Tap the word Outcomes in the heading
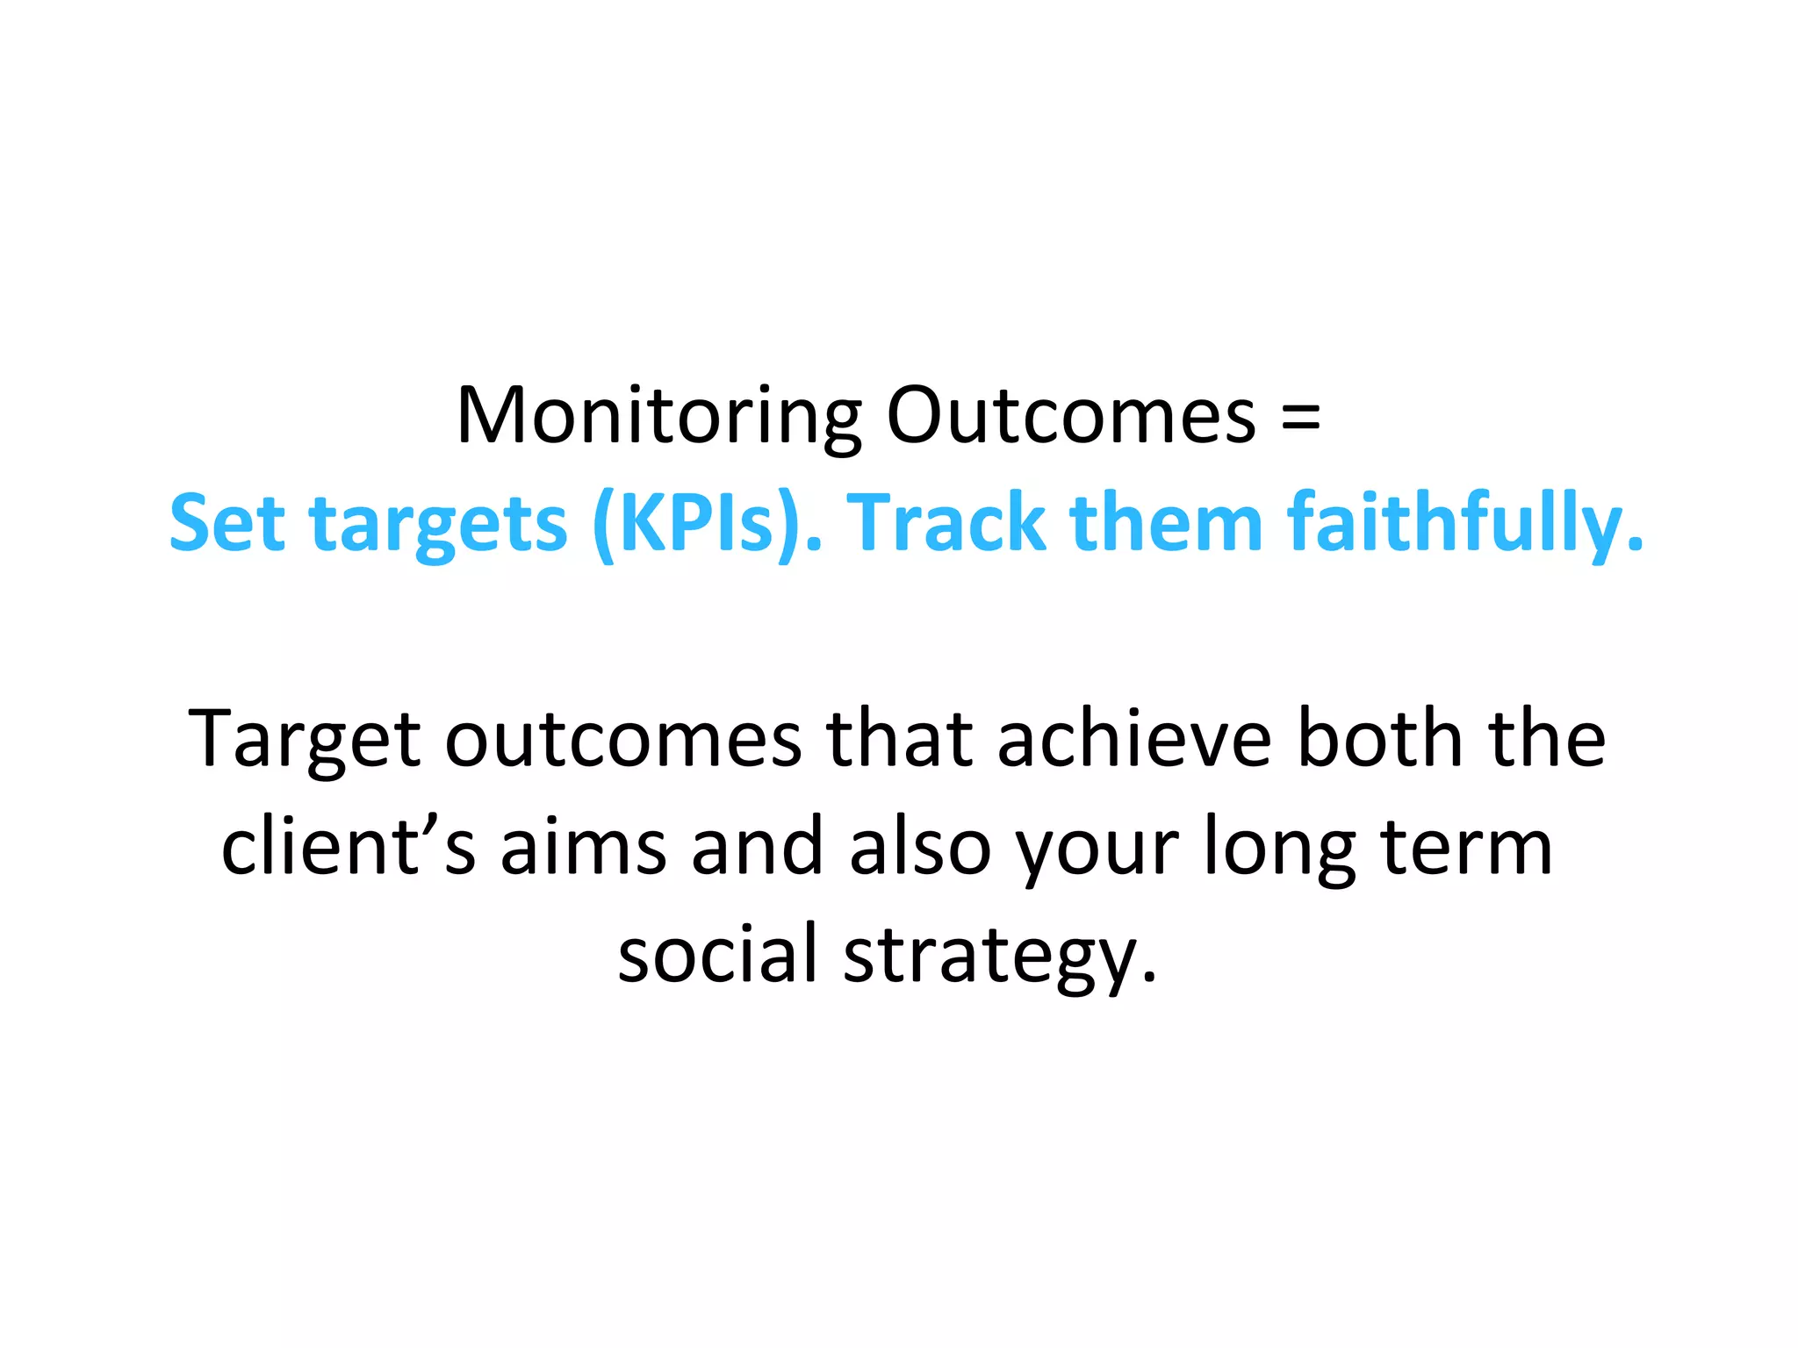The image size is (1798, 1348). pos(1071,416)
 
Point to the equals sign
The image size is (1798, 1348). pos(1300,418)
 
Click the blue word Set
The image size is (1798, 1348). pos(227,524)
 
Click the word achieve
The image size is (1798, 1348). pos(1133,738)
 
